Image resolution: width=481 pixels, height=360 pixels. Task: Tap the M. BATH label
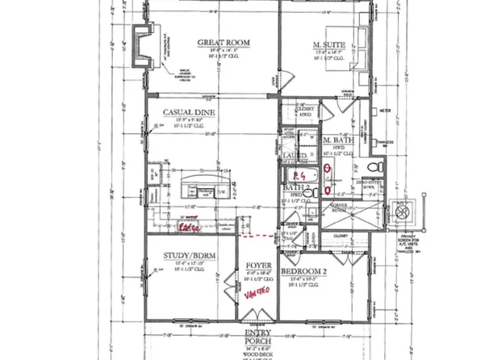point(334,140)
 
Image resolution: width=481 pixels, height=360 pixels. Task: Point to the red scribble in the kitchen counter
point(190,227)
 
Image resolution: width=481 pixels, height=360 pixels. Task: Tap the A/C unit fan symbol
point(402,211)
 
